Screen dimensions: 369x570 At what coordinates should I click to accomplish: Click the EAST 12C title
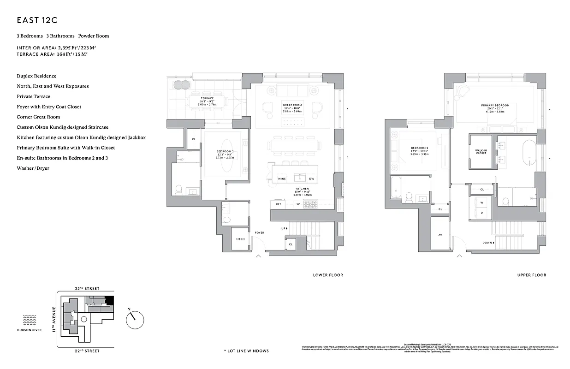[36, 20]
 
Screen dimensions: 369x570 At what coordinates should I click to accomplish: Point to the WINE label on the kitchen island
[282, 179]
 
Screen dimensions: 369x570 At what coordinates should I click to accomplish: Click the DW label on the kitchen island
[312, 179]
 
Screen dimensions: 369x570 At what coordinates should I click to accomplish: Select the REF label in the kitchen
[279, 204]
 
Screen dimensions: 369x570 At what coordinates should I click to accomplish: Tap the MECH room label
[240, 239]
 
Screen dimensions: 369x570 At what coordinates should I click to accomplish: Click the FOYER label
[260, 232]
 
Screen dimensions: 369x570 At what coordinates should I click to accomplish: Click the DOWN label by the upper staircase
[487, 243]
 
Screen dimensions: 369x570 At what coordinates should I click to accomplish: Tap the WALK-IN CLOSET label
[481, 152]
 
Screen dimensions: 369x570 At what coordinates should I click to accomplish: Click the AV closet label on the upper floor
[440, 235]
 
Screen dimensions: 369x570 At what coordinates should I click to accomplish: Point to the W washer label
[481, 202]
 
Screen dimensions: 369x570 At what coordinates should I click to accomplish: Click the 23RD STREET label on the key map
[87, 288]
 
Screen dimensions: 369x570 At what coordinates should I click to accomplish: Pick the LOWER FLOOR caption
[328, 275]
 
